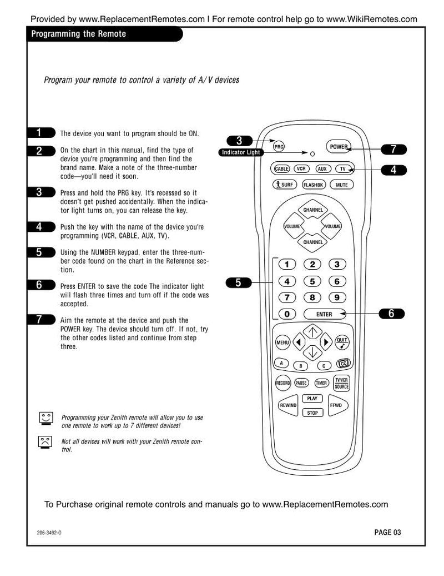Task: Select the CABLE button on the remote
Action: (x=281, y=168)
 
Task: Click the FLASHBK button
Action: (x=313, y=185)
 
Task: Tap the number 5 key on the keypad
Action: (x=312, y=281)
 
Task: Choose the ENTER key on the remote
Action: (x=324, y=314)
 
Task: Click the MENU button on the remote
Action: (x=282, y=342)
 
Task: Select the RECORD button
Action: (x=283, y=383)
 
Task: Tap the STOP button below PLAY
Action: (x=312, y=413)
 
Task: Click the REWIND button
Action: (x=288, y=406)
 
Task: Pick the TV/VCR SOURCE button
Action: (x=341, y=383)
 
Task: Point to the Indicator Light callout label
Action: (x=240, y=152)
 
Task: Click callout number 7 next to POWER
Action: (x=393, y=149)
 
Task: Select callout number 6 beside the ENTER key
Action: (x=391, y=314)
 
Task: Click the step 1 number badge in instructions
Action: (x=41, y=132)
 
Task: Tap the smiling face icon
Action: (x=46, y=418)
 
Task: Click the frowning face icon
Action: (x=46, y=442)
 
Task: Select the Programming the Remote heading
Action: (x=79, y=34)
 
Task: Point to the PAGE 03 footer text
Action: (x=387, y=532)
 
